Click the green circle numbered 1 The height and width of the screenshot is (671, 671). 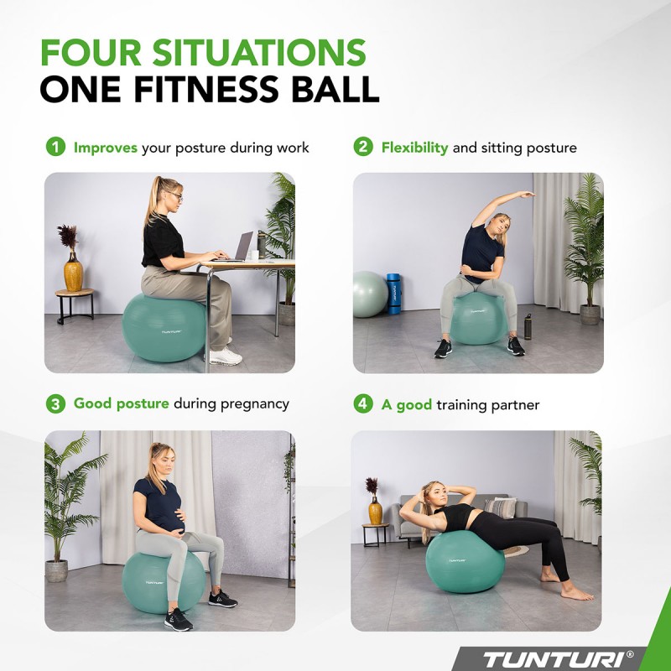pyautogui.click(x=55, y=147)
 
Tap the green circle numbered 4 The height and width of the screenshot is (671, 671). pyautogui.click(x=362, y=404)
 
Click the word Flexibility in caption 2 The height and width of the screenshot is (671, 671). pyautogui.click(x=414, y=148)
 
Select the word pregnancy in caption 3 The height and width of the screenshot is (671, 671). pyautogui.click(x=255, y=404)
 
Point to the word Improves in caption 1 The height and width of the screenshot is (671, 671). pyautogui.click(x=106, y=148)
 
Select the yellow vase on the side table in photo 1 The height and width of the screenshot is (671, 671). pyautogui.click(x=74, y=272)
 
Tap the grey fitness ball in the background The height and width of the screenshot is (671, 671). pyautogui.click(x=368, y=294)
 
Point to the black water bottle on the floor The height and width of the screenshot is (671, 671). pyautogui.click(x=528, y=326)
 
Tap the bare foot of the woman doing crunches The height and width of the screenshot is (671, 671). pyautogui.click(x=577, y=593)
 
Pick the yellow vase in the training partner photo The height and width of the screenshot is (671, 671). pyautogui.click(x=375, y=509)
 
